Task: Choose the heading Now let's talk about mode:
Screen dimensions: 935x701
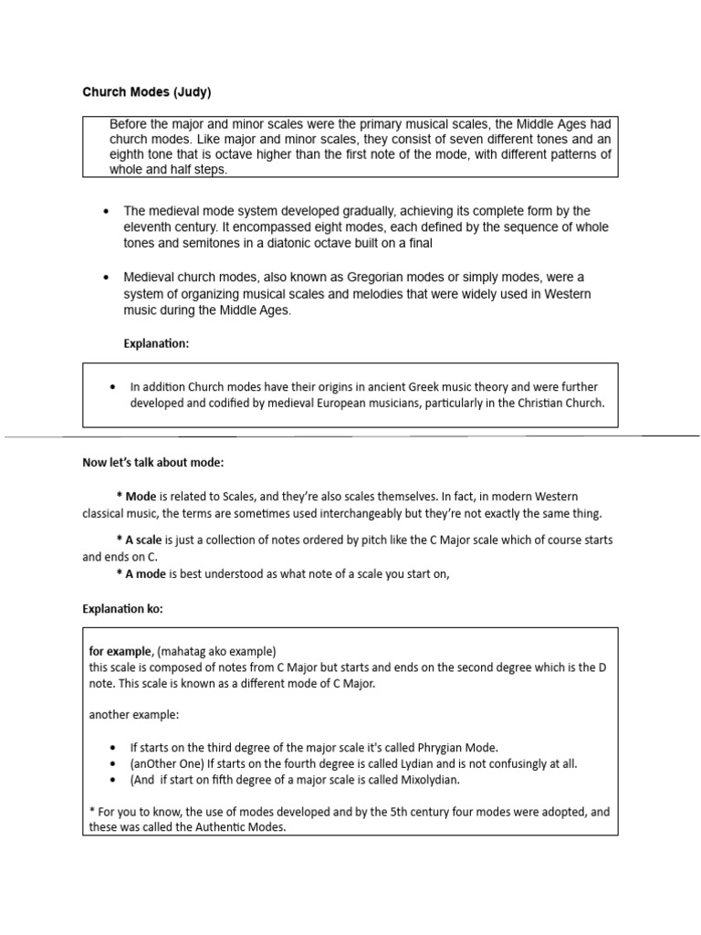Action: point(153,463)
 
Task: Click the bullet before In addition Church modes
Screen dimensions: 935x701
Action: point(111,387)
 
